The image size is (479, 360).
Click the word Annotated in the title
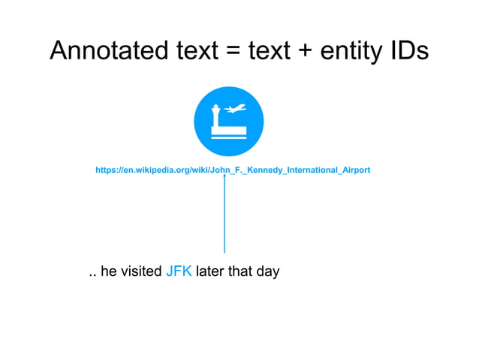pos(106,50)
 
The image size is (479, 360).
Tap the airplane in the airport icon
pos(235,110)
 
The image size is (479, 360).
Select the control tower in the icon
pos(216,115)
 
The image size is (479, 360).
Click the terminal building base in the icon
pos(229,134)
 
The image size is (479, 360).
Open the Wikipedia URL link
pos(232,171)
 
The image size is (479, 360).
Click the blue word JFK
pos(178,271)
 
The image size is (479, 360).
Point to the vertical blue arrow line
pos(224,218)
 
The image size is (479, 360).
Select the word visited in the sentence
pos(140,271)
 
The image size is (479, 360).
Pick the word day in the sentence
pos(267,272)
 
